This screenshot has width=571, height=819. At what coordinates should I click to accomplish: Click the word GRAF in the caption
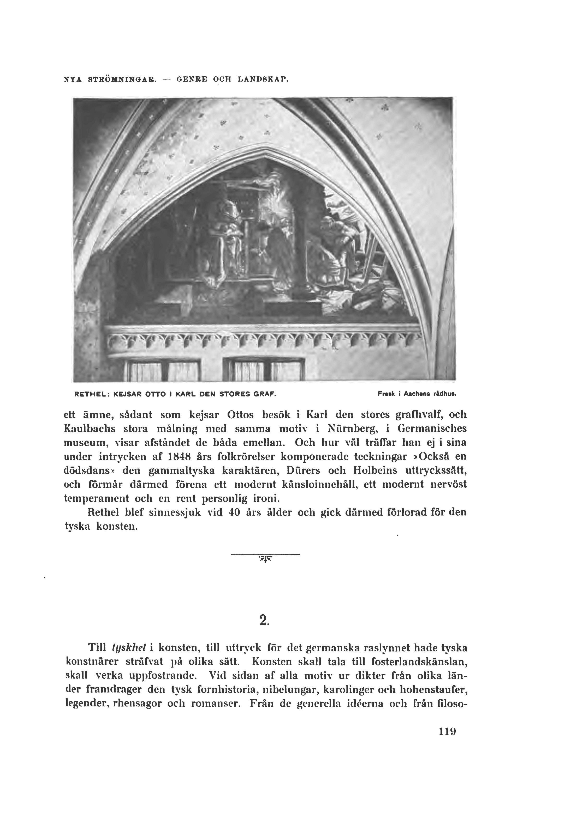266,395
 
